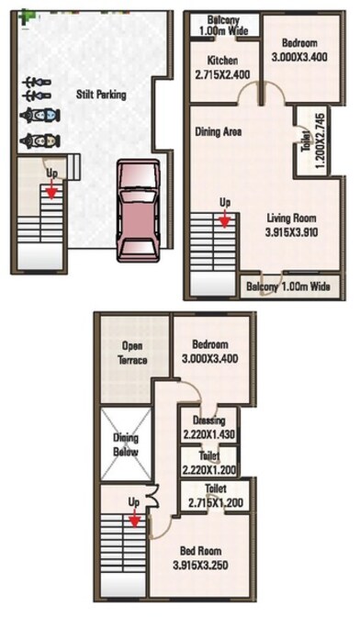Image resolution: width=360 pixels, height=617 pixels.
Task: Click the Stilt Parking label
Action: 101,94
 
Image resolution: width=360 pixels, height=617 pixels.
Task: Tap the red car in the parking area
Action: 138,210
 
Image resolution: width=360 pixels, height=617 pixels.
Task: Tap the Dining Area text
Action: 219,131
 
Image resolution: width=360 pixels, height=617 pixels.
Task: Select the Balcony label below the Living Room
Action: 289,286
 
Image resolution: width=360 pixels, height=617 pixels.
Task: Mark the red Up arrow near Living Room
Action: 223,219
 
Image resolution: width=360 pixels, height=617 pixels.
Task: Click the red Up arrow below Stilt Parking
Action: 51,191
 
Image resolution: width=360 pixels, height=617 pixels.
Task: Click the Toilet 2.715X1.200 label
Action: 216,497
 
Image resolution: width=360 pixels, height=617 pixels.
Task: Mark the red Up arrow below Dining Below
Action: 135,520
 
